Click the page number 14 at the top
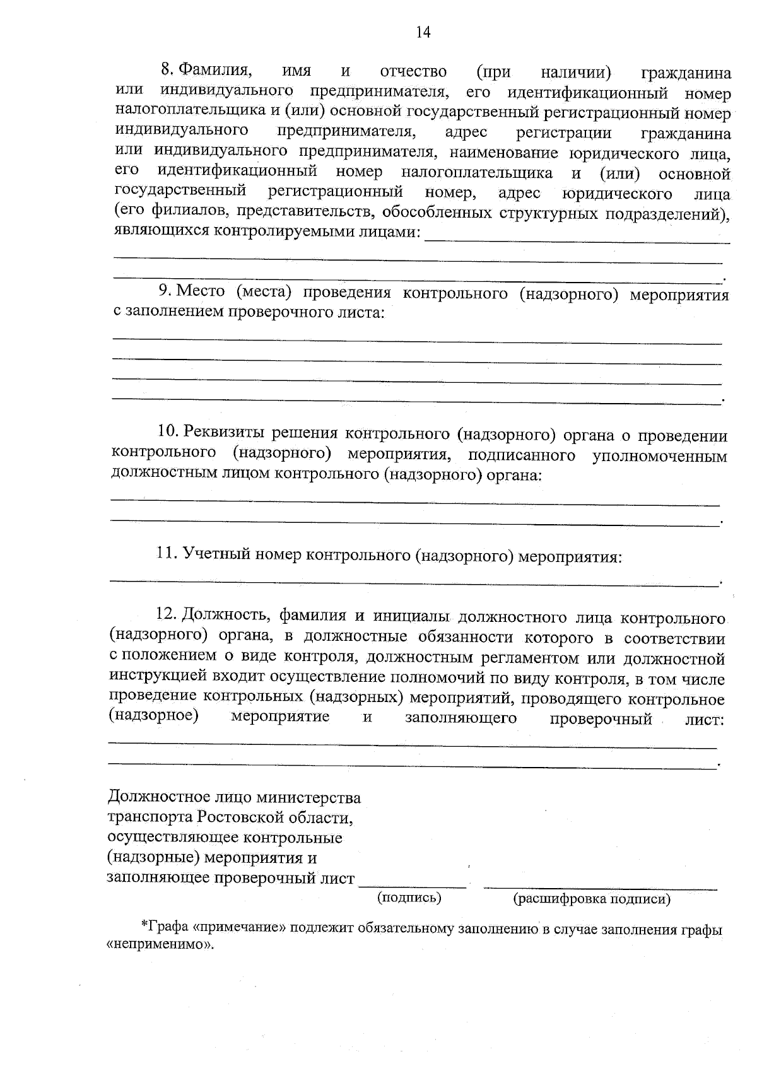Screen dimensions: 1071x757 tap(423, 33)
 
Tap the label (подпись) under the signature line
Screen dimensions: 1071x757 tap(409, 898)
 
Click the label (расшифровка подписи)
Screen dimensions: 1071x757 tap(592, 899)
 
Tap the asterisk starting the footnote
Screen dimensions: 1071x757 tap(143, 925)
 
